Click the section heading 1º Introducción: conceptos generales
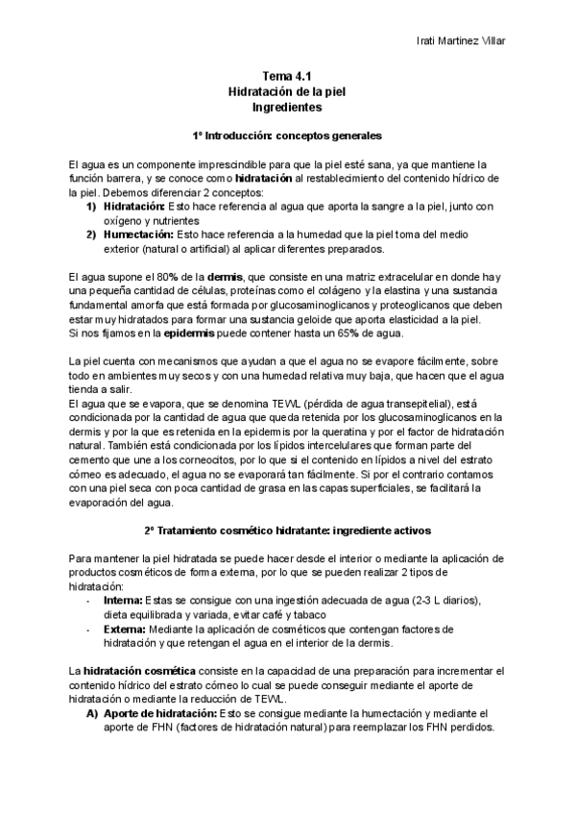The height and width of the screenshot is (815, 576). tap(287, 136)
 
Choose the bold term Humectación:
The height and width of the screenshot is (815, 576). tap(134, 235)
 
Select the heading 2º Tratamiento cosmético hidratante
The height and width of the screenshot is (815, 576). tap(287, 530)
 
